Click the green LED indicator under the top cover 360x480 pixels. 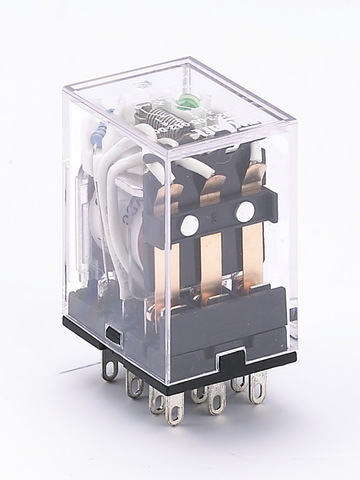(x=183, y=102)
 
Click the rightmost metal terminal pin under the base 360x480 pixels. (x=258, y=391)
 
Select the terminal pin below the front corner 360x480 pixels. (x=174, y=412)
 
